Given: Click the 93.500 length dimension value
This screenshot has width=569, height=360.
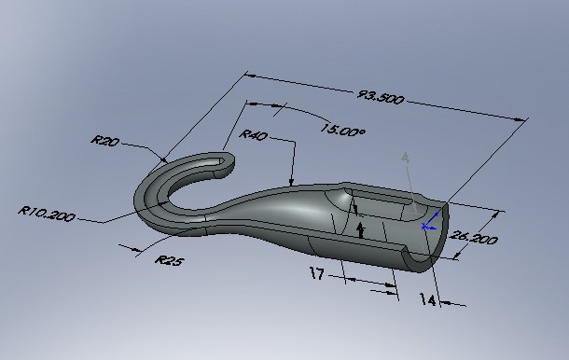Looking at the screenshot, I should pos(381,96).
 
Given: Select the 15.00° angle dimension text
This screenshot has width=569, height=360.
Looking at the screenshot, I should pos(343,132).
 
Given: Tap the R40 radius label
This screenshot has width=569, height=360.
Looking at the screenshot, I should pos(253,136).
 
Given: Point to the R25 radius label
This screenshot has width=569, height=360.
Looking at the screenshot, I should pos(169,261).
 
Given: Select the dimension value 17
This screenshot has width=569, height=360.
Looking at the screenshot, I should pos(318,274).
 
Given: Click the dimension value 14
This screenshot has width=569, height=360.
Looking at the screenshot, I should pos(428,299).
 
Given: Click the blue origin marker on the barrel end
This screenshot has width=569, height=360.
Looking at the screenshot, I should pos(426,225).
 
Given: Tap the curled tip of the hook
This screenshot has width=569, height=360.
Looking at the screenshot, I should pos(224,164).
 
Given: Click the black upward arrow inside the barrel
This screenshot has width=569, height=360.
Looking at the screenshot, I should pos(362,229).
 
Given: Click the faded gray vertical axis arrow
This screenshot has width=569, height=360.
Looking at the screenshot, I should pos(405,160).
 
